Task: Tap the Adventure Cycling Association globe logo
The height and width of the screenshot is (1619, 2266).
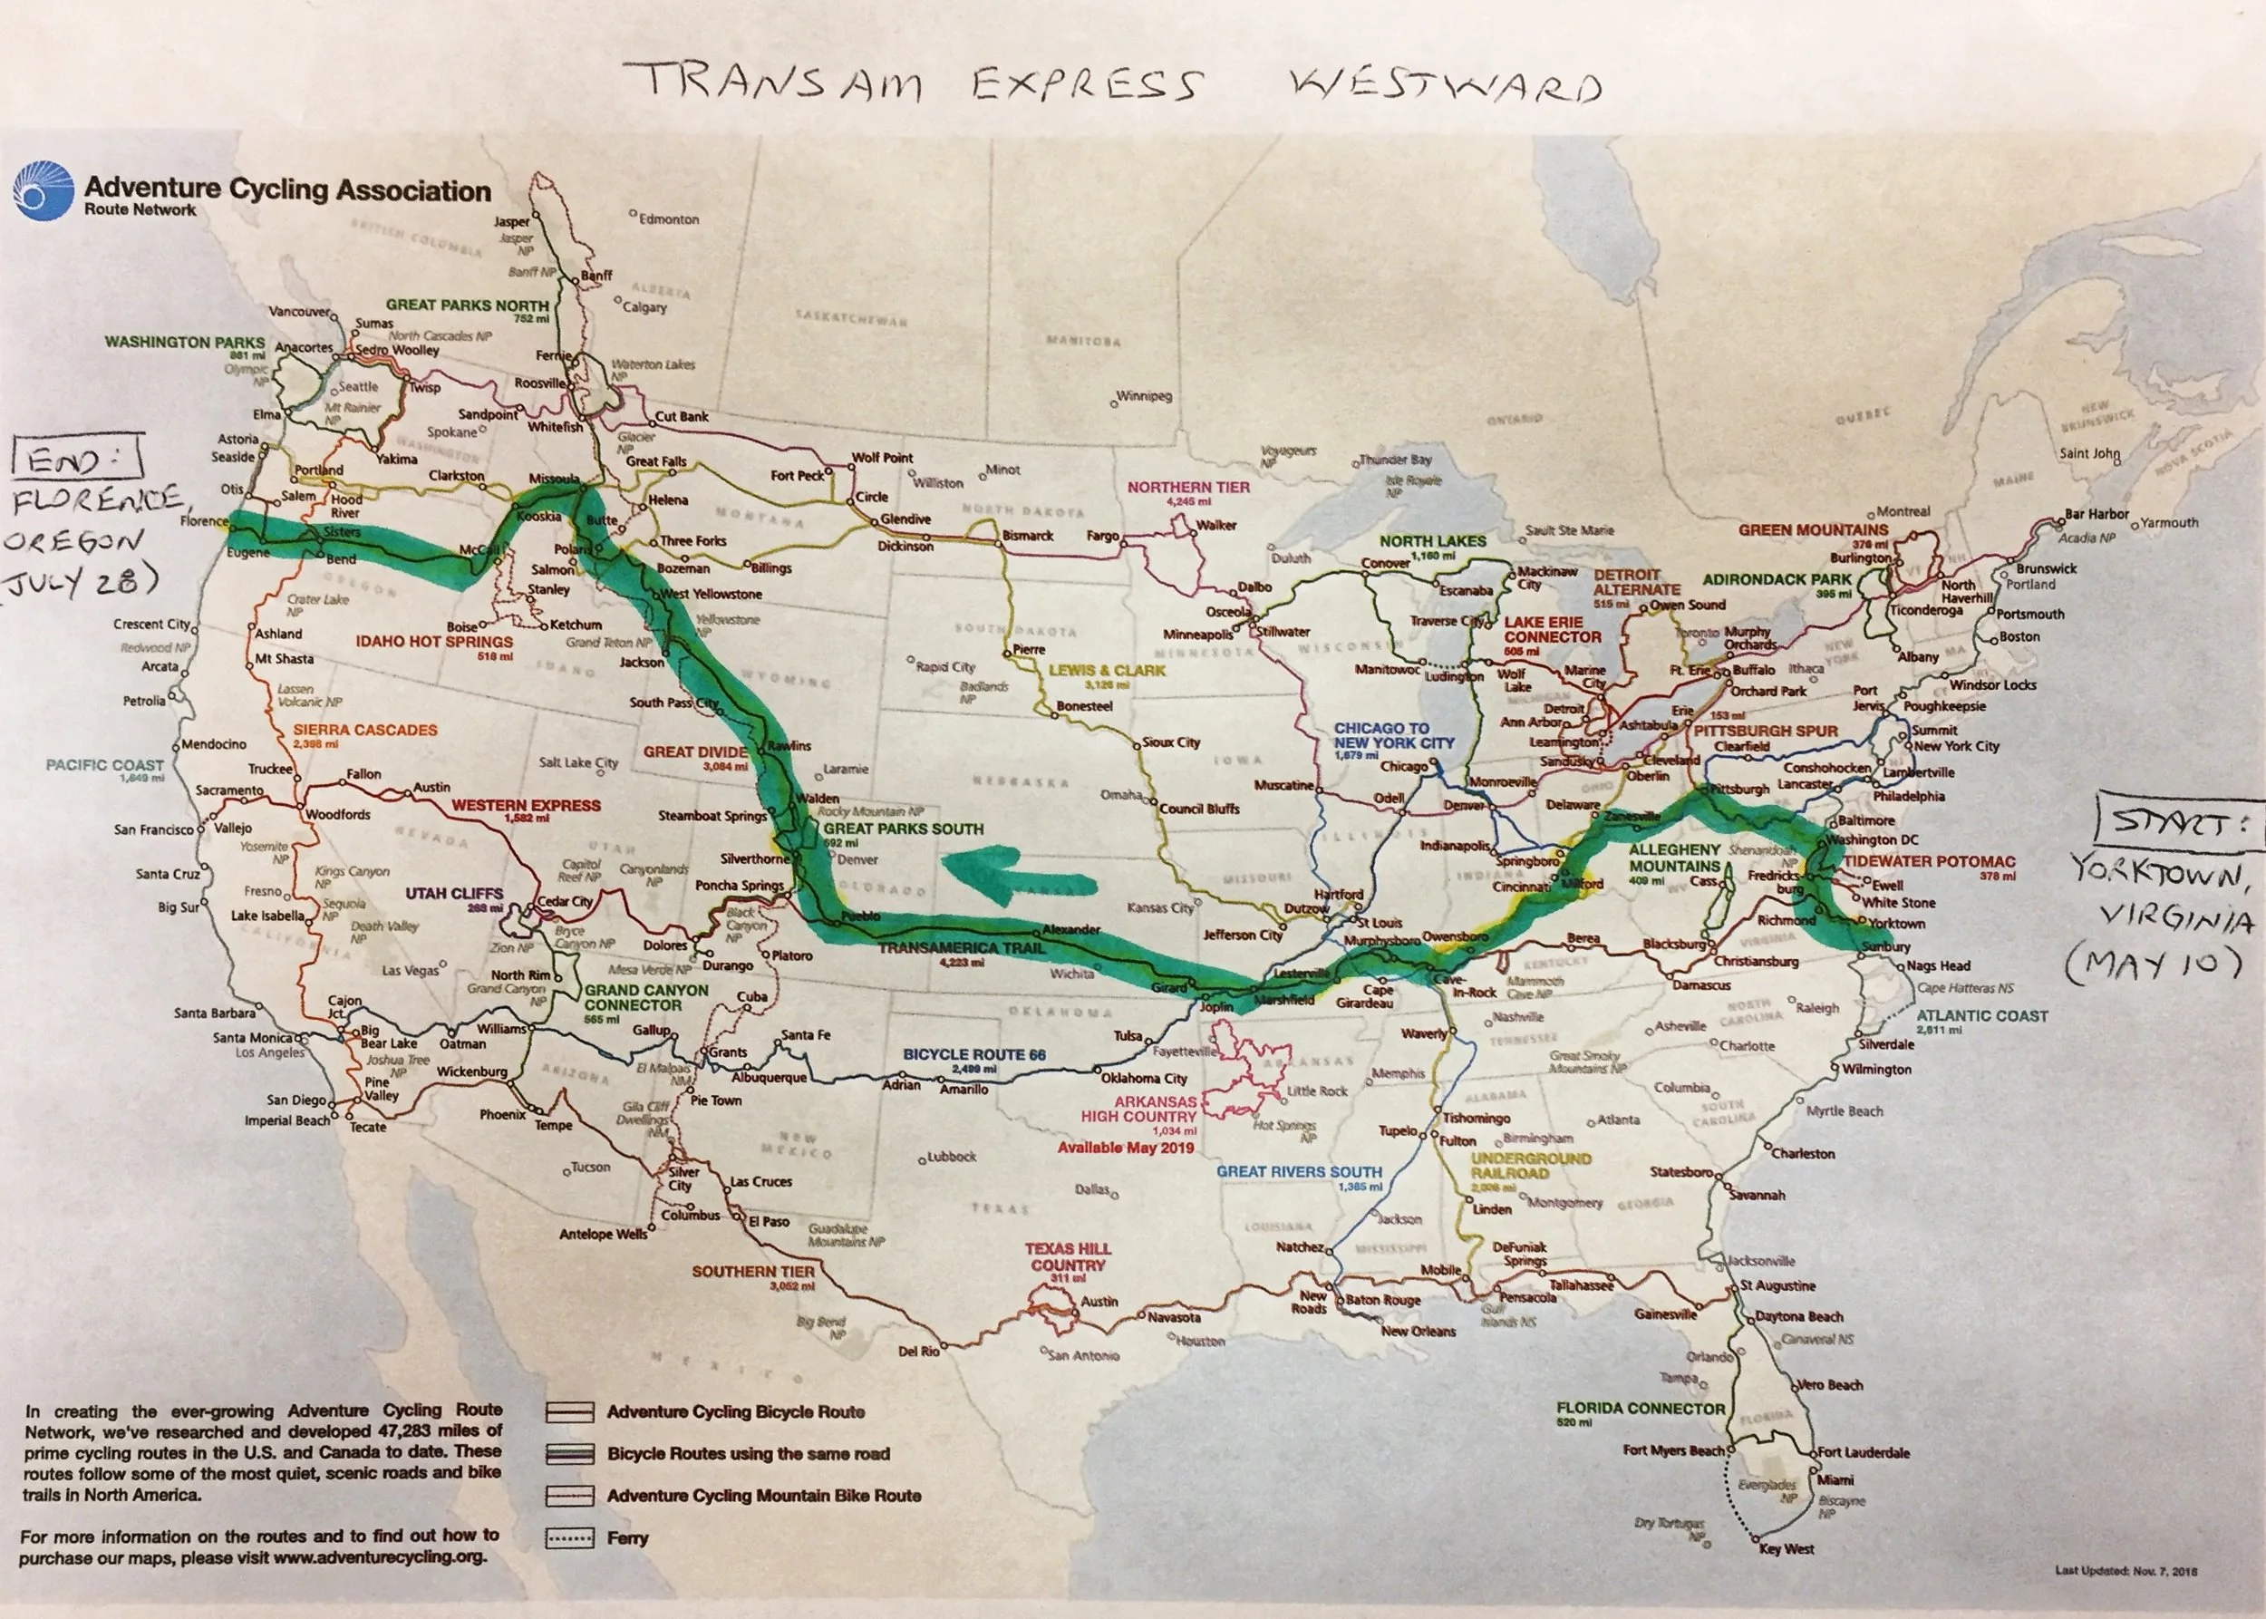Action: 43,191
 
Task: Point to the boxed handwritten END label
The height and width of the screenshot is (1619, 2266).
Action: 77,460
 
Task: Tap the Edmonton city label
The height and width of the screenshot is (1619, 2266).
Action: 668,218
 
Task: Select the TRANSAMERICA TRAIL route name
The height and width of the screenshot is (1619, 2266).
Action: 960,948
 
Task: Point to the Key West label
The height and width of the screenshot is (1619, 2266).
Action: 1787,1548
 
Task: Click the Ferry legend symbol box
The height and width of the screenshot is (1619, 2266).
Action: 569,1538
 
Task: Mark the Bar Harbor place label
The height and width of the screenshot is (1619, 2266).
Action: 2096,514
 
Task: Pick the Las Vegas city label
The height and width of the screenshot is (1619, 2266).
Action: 410,970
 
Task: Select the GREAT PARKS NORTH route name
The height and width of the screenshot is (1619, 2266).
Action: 467,305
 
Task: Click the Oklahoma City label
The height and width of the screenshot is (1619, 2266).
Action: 1144,1078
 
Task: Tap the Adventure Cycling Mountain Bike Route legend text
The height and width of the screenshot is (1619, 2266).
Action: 763,1496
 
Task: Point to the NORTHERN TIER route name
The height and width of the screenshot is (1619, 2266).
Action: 1187,488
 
